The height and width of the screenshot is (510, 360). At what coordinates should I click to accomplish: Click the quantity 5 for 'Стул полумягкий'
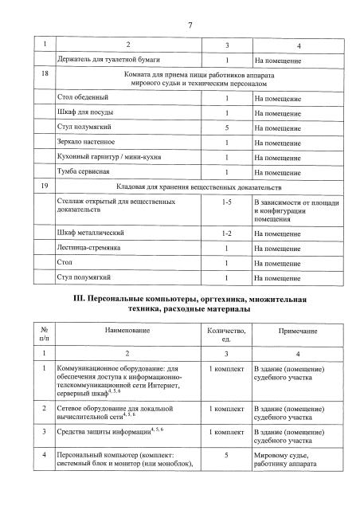click(x=227, y=127)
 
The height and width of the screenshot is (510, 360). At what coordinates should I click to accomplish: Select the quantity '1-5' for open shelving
click(x=227, y=202)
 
